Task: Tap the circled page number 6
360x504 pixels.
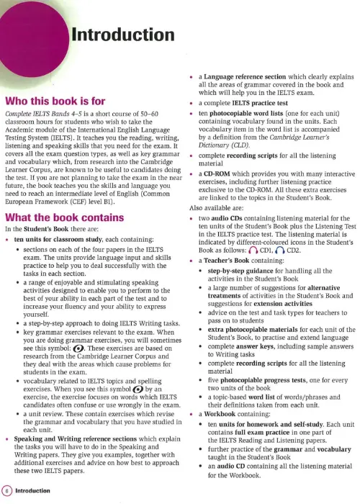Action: coord(6,490)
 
